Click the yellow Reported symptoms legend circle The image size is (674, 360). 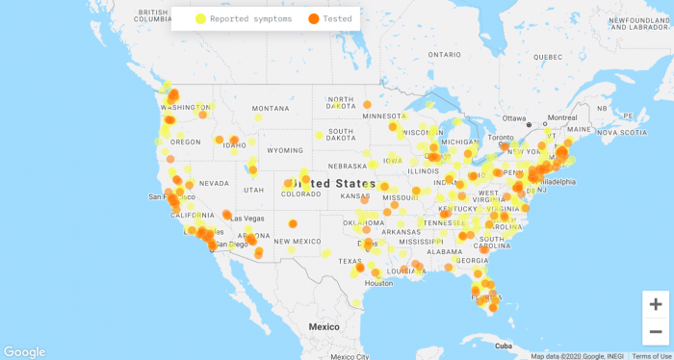pos(200,18)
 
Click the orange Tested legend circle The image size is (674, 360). pos(313,18)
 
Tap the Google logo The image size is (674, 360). pos(24,352)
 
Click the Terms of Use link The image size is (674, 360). pos(652,356)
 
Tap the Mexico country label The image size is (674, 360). pos(324,327)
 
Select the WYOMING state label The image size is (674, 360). pos(285,151)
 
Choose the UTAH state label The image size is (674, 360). pos(254,190)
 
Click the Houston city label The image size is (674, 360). pos(378,283)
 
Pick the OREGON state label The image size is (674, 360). pos(186,141)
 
